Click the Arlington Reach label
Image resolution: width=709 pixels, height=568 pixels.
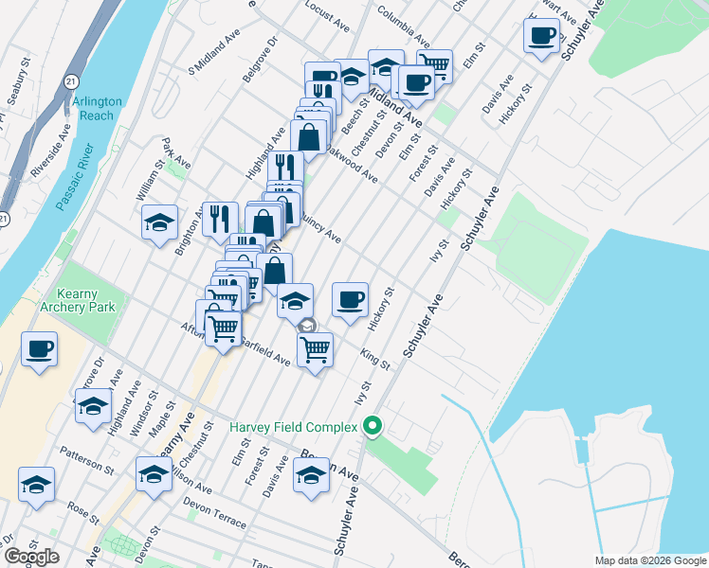click(x=95, y=109)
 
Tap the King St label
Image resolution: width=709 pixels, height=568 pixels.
click(x=375, y=360)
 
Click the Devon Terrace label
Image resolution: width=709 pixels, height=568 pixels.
click(x=215, y=512)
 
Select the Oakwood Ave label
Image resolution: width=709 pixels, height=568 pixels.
click(x=352, y=163)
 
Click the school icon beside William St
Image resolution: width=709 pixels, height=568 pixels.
click(x=159, y=223)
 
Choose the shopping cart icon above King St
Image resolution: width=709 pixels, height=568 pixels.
click(x=315, y=348)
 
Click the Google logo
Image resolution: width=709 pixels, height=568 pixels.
click(x=31, y=557)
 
